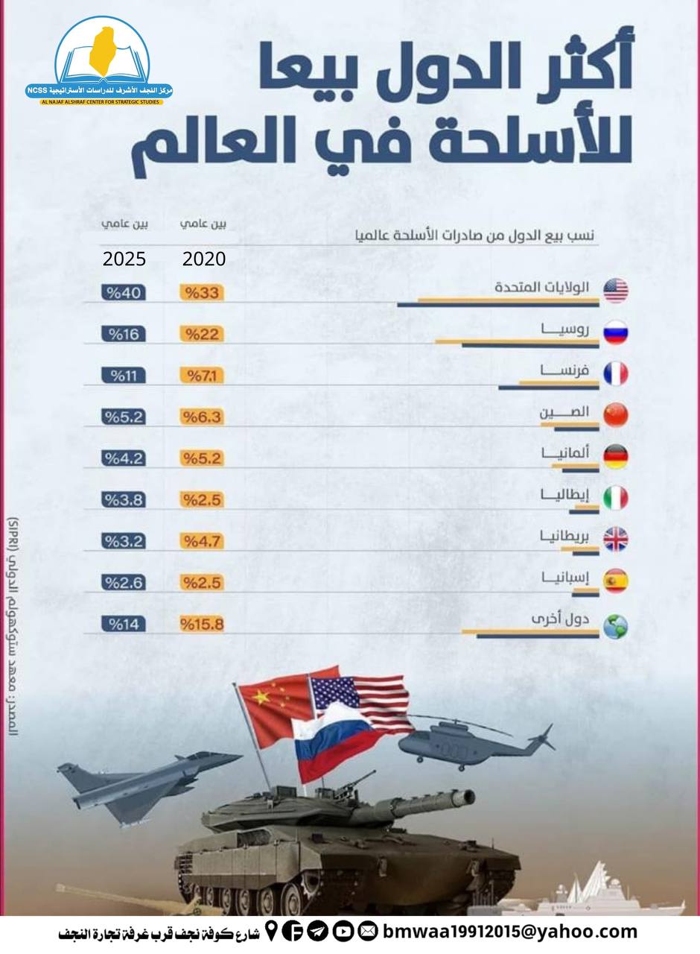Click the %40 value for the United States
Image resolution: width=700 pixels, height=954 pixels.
pyautogui.click(x=124, y=292)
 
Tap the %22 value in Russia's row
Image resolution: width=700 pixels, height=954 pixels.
pyautogui.click(x=201, y=334)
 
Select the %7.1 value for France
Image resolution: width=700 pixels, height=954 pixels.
pyautogui.click(x=201, y=376)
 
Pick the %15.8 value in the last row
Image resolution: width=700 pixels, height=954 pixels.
pyautogui.click(x=201, y=624)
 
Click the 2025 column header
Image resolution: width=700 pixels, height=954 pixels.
pyautogui.click(x=124, y=259)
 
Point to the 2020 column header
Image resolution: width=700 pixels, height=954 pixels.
pyautogui.click(x=204, y=259)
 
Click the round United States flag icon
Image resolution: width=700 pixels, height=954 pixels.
pyautogui.click(x=616, y=290)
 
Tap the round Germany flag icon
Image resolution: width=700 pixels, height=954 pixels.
pyautogui.click(x=616, y=456)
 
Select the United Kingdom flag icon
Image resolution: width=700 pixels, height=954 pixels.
pyautogui.click(x=616, y=539)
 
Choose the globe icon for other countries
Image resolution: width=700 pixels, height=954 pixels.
pyautogui.click(x=616, y=626)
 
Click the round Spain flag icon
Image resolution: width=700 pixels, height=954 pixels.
pyautogui.click(x=616, y=581)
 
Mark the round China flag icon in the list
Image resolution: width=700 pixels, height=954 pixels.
pyautogui.click(x=616, y=414)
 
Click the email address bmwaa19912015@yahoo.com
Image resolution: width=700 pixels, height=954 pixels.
pyautogui.click(x=510, y=931)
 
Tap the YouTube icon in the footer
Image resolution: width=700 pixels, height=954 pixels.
pyautogui.click(x=343, y=931)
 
